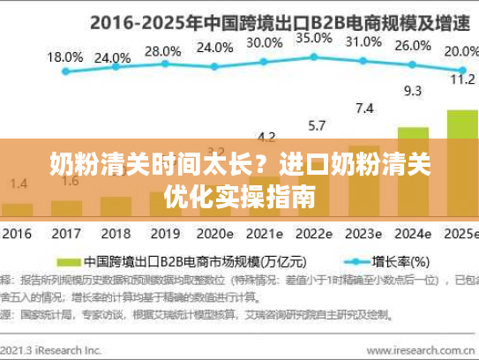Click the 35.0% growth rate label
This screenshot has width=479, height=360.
tap(314, 39)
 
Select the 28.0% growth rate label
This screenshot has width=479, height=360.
tap(162, 51)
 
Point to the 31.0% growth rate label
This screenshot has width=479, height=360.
tap(363, 41)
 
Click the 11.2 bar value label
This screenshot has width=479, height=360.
tap(462, 79)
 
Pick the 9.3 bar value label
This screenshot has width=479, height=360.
tap(412, 90)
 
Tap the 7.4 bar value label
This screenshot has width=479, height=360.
tap(363, 109)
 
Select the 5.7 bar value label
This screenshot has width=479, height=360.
tap(316, 124)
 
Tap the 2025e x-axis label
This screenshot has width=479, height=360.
tap(461, 236)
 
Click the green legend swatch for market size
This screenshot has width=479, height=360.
tap(68, 262)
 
